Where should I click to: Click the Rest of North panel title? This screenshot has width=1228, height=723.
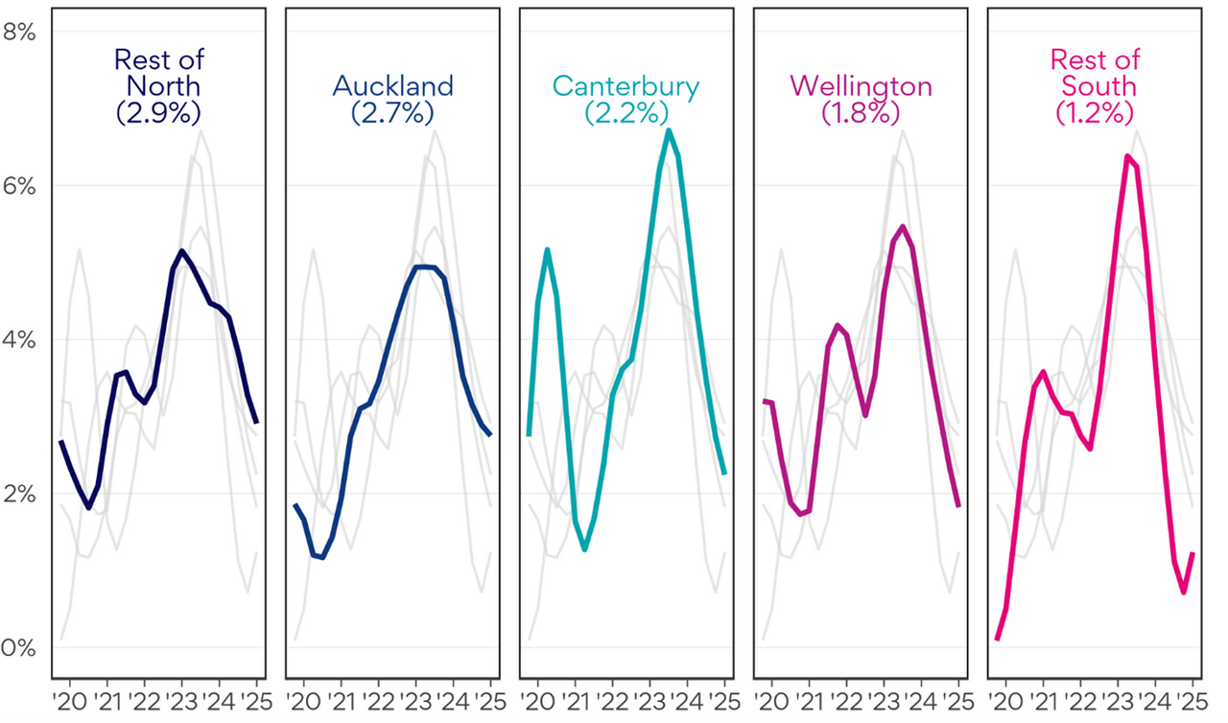click(x=158, y=72)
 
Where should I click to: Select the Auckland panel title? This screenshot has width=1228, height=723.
click(x=392, y=85)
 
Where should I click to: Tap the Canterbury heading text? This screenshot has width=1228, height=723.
click(x=626, y=85)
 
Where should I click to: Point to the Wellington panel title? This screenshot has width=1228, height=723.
click(x=861, y=85)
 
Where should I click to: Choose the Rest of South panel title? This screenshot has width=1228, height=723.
click(x=1095, y=72)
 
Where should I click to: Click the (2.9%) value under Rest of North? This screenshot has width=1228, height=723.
click(x=158, y=112)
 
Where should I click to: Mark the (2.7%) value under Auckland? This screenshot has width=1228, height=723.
click(x=392, y=112)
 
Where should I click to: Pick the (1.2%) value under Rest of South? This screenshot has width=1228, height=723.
click(x=1095, y=112)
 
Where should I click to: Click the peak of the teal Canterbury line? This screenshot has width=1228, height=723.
click(x=669, y=130)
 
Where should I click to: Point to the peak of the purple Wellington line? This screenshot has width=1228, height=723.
click(x=903, y=226)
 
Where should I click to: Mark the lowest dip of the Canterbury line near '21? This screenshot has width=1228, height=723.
click(x=584, y=548)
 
